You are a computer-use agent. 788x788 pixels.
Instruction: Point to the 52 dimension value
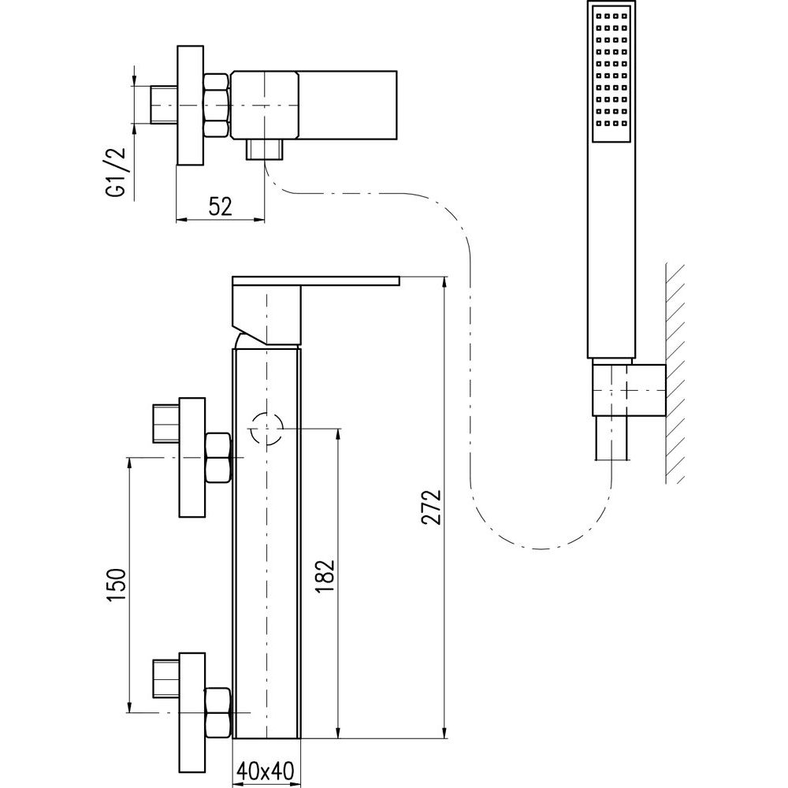click(220, 206)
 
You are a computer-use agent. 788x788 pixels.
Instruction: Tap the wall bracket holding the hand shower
click(628, 389)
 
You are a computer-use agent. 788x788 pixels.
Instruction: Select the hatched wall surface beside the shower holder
click(675, 370)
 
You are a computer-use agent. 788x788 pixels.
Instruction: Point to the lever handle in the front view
click(315, 281)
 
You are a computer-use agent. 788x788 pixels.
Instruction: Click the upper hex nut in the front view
click(217, 459)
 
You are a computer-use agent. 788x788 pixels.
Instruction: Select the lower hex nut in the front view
click(217, 712)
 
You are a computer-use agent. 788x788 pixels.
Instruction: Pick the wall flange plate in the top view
click(190, 106)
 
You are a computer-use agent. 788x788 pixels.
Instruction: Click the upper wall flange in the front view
click(192, 458)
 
